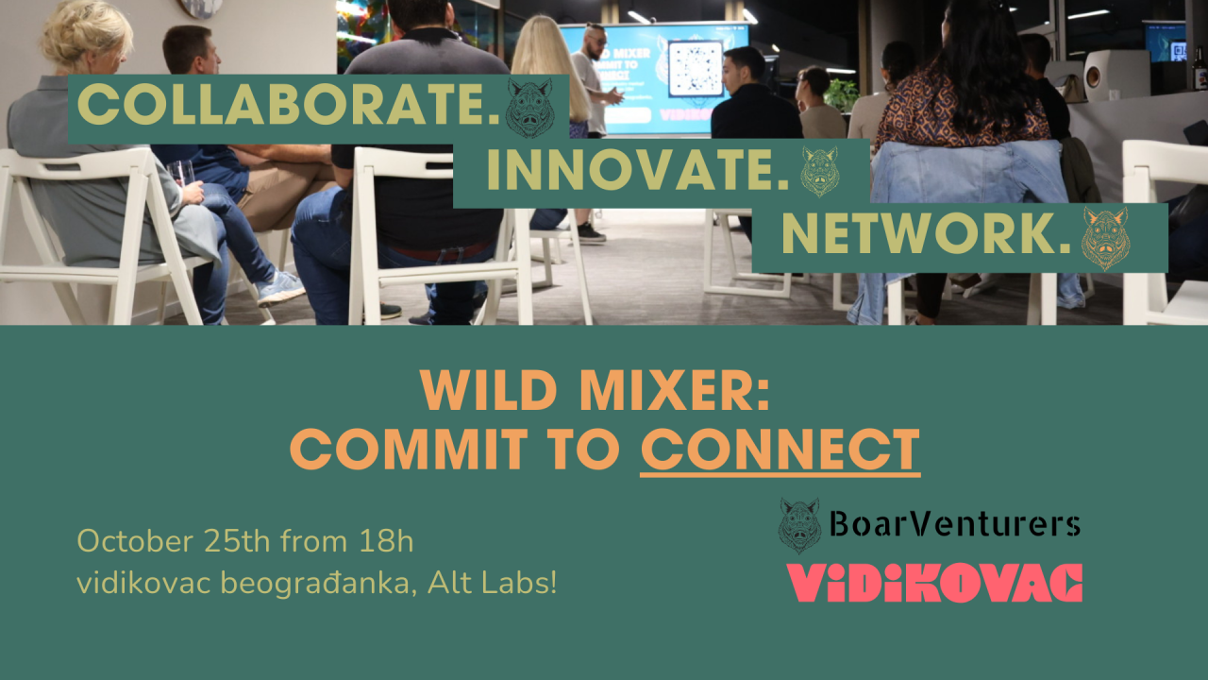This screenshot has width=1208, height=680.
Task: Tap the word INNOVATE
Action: pyautogui.click(x=638, y=171)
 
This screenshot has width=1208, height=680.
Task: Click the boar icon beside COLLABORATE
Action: pyautogui.click(x=529, y=109)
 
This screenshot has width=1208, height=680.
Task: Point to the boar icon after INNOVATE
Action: pyautogui.click(x=819, y=171)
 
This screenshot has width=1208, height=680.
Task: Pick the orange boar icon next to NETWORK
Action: pyautogui.click(x=1105, y=239)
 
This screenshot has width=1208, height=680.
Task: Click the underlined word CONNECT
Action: pyautogui.click(x=780, y=450)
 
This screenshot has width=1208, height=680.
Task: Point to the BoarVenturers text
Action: pyautogui.click(x=954, y=523)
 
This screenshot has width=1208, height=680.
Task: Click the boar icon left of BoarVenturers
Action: pyautogui.click(x=799, y=526)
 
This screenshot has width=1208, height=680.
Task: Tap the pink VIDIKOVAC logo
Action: pyautogui.click(x=934, y=583)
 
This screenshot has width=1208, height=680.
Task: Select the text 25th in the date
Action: pyautogui.click(x=237, y=541)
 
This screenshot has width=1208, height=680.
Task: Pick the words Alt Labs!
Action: pyautogui.click(x=492, y=584)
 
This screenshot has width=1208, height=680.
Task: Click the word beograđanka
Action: pyautogui.click(x=318, y=586)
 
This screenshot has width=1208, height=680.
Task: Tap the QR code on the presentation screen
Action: pyautogui.click(x=696, y=68)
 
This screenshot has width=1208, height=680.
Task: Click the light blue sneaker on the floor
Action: pyautogui.click(x=279, y=288)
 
